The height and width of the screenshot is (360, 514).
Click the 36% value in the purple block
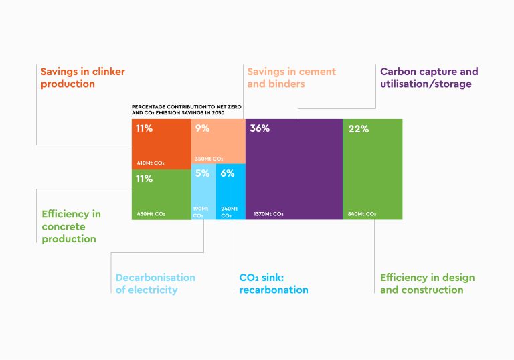click(x=260, y=128)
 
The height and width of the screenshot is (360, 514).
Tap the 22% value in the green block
click(x=359, y=129)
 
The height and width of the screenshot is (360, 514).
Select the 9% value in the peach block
click(x=202, y=128)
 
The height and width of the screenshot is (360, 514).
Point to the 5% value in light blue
click(x=202, y=173)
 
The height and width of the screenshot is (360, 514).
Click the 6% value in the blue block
click(x=228, y=173)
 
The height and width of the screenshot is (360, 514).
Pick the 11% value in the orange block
click(x=144, y=128)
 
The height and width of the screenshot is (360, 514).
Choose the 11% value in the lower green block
click(x=144, y=179)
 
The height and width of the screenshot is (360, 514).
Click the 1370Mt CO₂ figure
click(x=268, y=214)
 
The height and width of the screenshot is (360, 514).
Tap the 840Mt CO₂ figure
click(x=362, y=214)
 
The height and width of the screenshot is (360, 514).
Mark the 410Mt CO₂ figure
click(x=151, y=163)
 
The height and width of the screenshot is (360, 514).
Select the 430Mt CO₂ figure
click(x=151, y=214)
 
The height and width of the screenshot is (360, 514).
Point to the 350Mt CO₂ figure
click(x=209, y=159)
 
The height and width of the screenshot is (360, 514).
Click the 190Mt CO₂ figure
click(x=200, y=212)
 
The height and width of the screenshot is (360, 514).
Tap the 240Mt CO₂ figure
click(x=228, y=212)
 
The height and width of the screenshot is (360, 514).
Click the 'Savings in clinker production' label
click(x=82, y=78)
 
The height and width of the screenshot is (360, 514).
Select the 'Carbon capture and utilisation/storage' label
click(x=429, y=78)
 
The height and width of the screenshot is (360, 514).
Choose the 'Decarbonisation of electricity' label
click(x=155, y=284)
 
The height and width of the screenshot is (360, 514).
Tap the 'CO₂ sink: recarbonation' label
click(x=274, y=284)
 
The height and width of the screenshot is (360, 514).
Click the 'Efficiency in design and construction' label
click(x=427, y=284)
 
